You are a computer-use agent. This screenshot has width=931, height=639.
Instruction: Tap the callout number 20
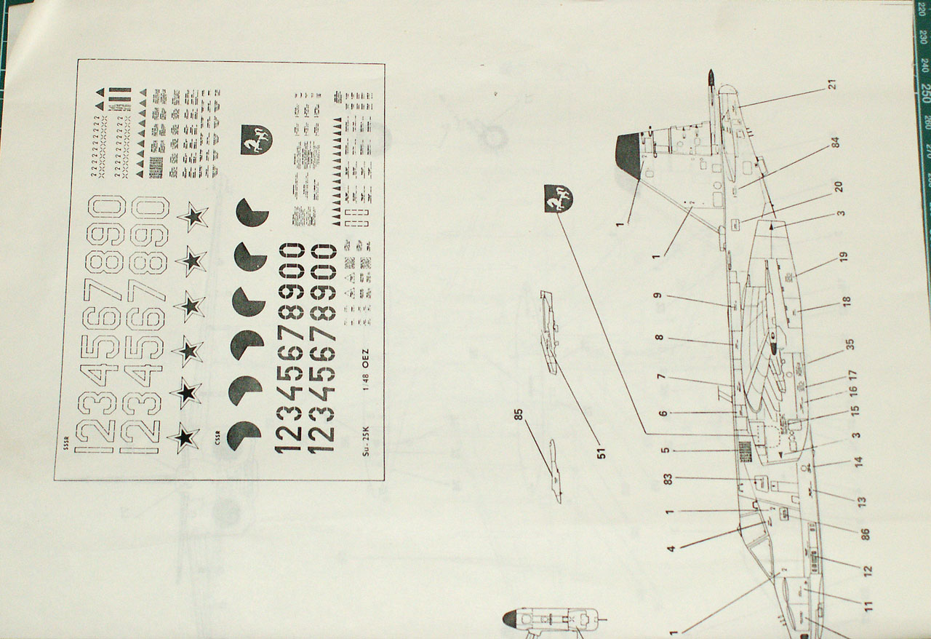(x=839, y=186)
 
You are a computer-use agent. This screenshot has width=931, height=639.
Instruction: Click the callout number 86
(x=866, y=534)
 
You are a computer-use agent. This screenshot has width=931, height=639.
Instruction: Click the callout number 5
(x=665, y=450)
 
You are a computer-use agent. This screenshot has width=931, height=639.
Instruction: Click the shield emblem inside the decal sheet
(x=255, y=138)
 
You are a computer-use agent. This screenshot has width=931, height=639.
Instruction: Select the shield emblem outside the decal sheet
(x=558, y=199)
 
